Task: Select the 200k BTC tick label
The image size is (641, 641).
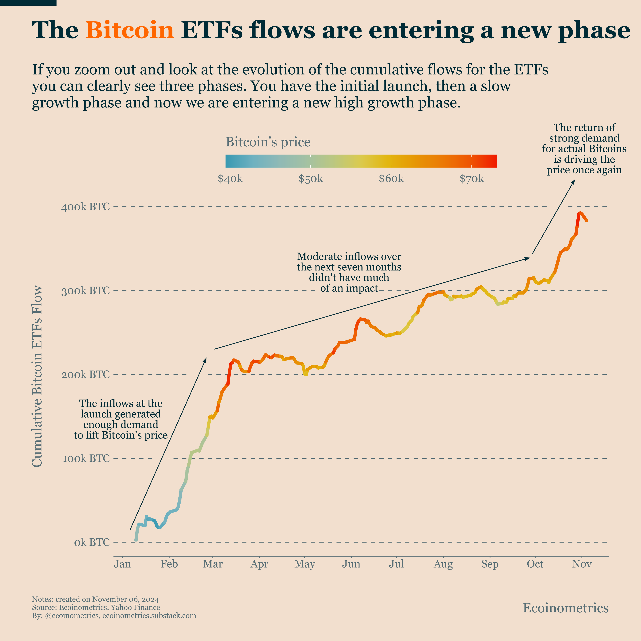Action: [x=85, y=374]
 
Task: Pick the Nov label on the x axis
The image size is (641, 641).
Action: [x=582, y=564]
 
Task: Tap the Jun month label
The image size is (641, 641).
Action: [x=351, y=564]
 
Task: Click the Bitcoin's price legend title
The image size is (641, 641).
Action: [x=268, y=142]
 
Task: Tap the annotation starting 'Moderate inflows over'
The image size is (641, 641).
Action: [x=349, y=272]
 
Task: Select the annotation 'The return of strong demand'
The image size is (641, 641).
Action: [x=584, y=149]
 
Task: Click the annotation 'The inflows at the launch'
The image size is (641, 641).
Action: [x=121, y=419]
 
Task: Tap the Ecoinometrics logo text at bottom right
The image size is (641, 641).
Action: [x=565, y=608]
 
